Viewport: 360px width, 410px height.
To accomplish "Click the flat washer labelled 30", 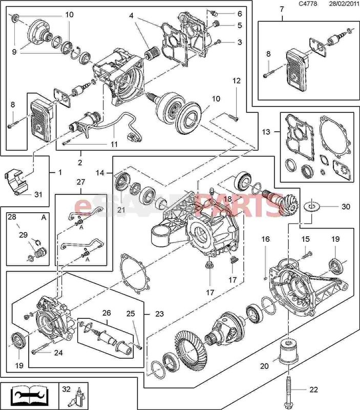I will [310, 207].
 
